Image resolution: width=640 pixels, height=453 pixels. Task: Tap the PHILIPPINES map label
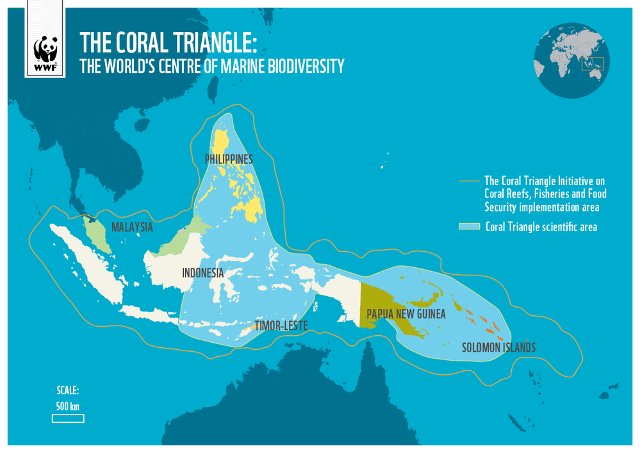coord(229,159)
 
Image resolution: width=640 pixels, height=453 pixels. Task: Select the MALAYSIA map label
coord(132,227)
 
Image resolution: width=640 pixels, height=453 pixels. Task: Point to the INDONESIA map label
coord(203,273)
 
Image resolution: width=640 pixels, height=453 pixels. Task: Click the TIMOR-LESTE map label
coord(281,325)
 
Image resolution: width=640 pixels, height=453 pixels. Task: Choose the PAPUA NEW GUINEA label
coord(406,314)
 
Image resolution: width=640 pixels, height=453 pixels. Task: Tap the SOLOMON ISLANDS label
coord(498,348)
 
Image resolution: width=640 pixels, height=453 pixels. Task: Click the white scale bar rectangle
coord(68,418)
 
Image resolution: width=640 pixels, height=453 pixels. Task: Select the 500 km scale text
coord(67,406)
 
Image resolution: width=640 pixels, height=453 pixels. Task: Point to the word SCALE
coord(67,391)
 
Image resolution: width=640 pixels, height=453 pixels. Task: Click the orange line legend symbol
coord(470,181)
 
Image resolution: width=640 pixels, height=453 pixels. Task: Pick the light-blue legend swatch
coord(470,227)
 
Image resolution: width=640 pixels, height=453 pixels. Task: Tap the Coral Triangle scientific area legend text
coord(541,227)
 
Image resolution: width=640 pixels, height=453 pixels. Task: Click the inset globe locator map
coord(572,61)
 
